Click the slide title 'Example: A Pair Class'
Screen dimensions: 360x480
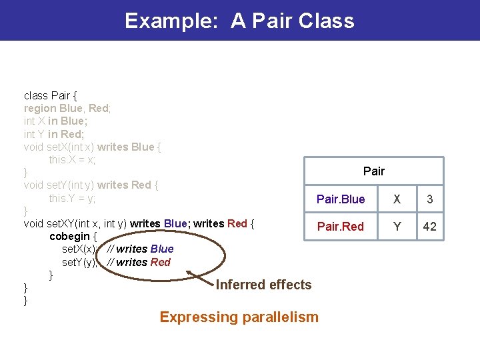(x=239, y=21)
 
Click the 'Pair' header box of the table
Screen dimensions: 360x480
(x=373, y=171)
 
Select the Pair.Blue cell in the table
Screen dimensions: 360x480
(x=341, y=199)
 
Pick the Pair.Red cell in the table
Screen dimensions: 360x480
(x=341, y=227)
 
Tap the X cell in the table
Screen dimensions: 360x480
(x=397, y=199)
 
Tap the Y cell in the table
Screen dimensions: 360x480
(x=397, y=227)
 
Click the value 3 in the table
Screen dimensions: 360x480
(x=430, y=199)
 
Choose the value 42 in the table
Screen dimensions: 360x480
(x=430, y=227)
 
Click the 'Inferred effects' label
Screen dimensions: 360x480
(x=263, y=285)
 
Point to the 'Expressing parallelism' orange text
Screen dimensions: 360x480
(x=239, y=317)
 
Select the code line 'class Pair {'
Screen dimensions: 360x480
(x=50, y=95)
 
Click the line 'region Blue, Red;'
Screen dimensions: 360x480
(x=67, y=108)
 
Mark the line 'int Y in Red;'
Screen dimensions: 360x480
(x=53, y=134)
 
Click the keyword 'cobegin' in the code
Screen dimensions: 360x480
(x=70, y=236)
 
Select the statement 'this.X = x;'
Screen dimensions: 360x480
(x=72, y=160)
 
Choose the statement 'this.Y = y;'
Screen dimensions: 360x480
(x=72, y=199)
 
